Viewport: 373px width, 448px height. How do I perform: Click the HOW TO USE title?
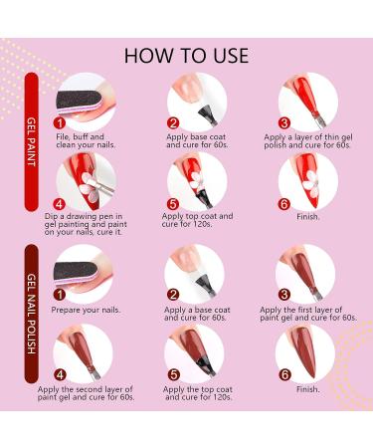[186, 52]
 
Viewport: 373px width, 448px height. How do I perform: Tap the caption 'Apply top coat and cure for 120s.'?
[207, 220]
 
